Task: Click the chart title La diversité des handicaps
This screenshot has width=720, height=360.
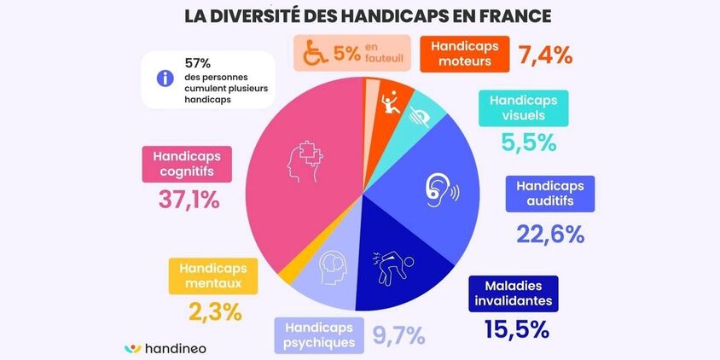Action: click(361, 16)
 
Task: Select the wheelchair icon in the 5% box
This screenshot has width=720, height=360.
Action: click(313, 55)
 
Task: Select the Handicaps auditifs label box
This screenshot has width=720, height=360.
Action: click(550, 195)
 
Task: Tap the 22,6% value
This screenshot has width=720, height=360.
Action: click(550, 233)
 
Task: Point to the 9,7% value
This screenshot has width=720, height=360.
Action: click(398, 335)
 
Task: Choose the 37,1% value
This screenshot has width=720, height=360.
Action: click(189, 200)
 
